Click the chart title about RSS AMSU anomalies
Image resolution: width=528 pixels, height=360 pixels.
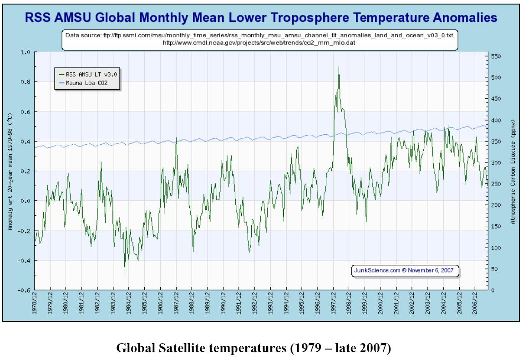pyautogui.click(x=260, y=18)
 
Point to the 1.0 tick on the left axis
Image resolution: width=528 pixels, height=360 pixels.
pyautogui.click(x=25, y=52)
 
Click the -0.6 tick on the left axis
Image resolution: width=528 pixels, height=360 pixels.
pyautogui.click(x=24, y=290)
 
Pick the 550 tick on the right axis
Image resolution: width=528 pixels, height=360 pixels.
pyautogui.click(x=497, y=56)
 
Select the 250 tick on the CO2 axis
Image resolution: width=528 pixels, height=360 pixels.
pyautogui.click(x=497, y=184)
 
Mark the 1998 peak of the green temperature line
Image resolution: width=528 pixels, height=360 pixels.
pyautogui.click(x=339, y=67)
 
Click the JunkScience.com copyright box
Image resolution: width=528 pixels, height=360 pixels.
pyautogui.click(x=406, y=270)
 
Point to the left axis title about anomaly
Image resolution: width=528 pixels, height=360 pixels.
pyautogui.click(x=10, y=171)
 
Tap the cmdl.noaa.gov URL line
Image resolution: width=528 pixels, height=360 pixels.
pyautogui.click(x=260, y=42)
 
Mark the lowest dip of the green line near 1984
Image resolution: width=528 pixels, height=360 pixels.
pyautogui.click(x=125, y=274)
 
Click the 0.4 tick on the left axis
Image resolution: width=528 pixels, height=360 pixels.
pyautogui.click(x=25, y=142)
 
